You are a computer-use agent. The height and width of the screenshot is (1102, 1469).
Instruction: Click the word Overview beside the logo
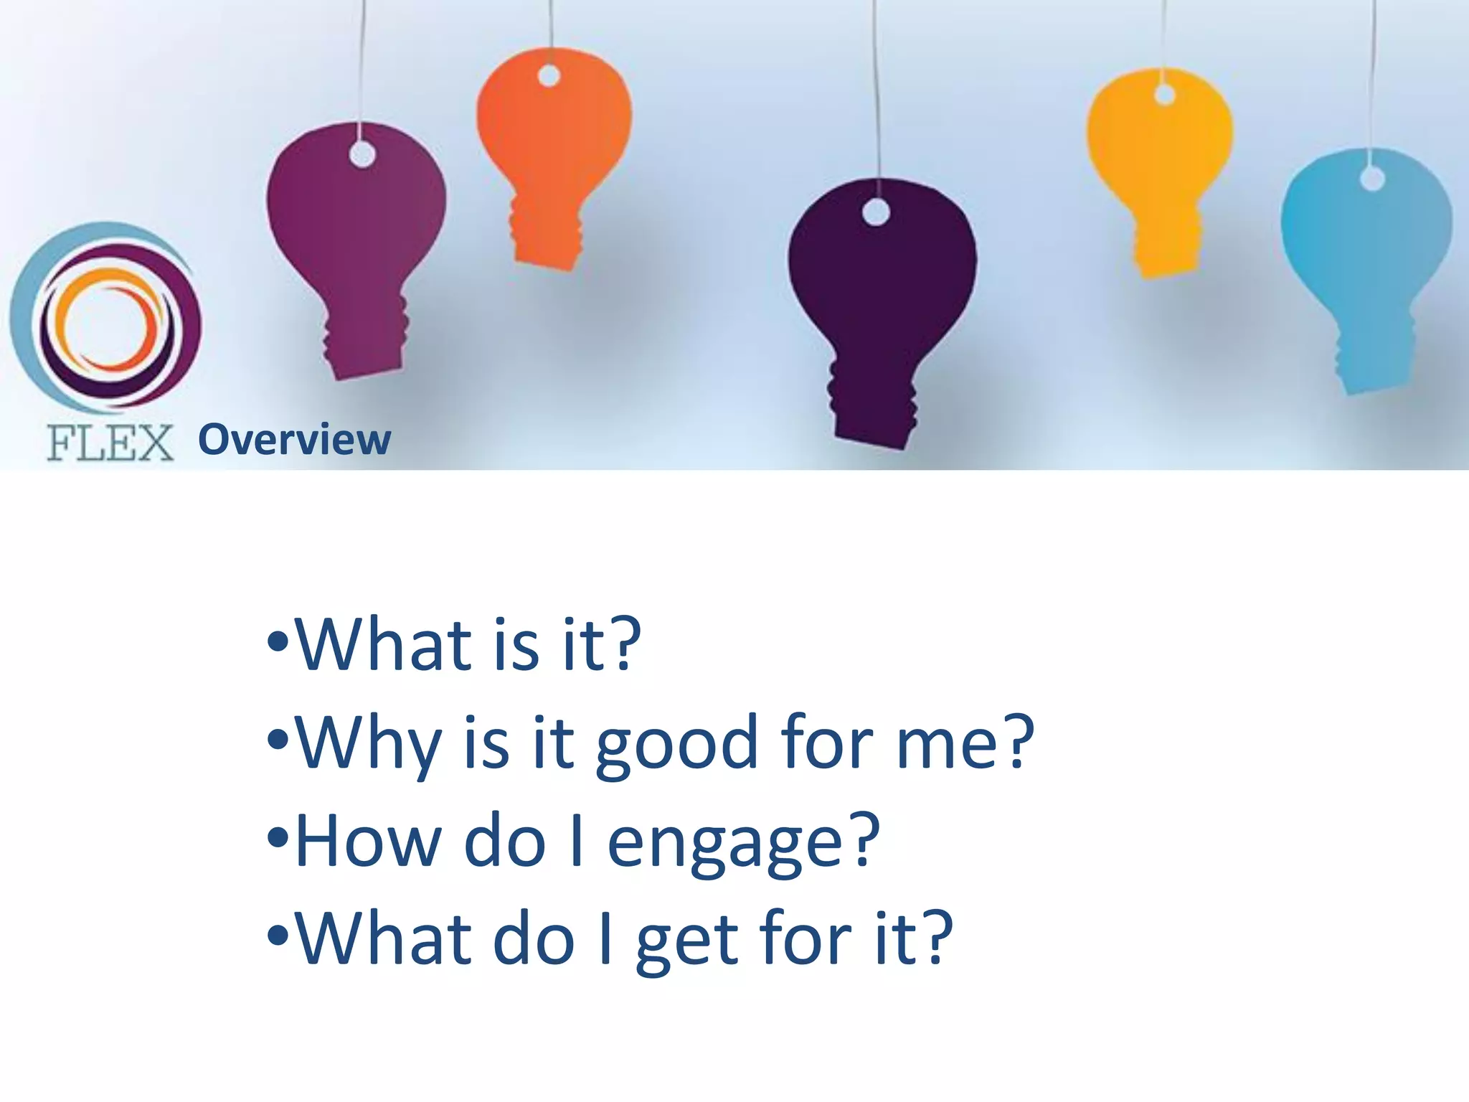294,439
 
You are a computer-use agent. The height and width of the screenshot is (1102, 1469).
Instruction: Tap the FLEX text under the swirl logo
110,442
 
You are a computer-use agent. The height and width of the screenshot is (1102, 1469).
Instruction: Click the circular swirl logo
106,319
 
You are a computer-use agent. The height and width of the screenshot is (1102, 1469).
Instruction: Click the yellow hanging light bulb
1158,158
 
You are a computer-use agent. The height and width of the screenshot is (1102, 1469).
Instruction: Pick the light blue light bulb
1366,251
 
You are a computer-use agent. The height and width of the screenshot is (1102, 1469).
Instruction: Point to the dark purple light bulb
881,287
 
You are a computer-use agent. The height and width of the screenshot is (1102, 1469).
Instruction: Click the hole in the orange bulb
549,75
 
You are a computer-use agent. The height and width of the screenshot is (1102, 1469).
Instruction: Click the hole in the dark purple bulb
876,212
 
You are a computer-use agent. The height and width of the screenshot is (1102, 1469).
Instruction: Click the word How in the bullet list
368,841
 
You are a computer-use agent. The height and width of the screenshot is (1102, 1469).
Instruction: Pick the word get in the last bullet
686,941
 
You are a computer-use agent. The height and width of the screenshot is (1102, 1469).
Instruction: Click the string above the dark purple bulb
876,86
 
